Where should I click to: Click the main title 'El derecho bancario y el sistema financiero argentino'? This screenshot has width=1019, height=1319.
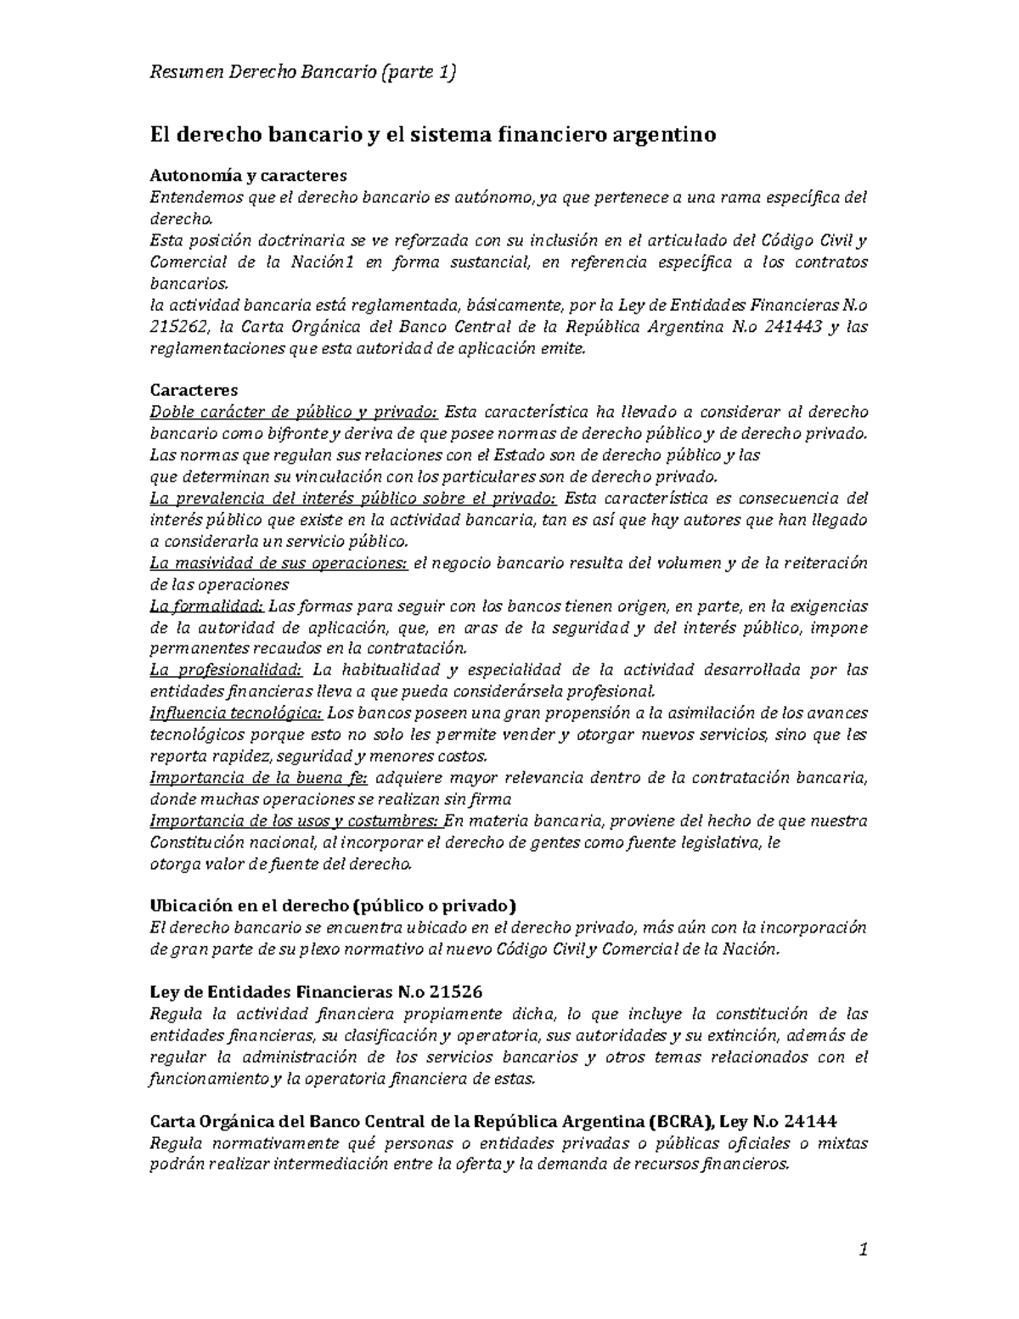(x=433, y=134)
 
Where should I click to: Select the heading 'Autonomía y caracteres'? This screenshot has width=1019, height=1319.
(x=248, y=176)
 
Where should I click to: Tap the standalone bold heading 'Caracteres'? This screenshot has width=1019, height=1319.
(x=194, y=391)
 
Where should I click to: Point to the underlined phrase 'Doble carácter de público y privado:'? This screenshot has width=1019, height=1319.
(x=294, y=412)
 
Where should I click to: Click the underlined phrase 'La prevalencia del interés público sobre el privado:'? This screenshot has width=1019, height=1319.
(x=353, y=499)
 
